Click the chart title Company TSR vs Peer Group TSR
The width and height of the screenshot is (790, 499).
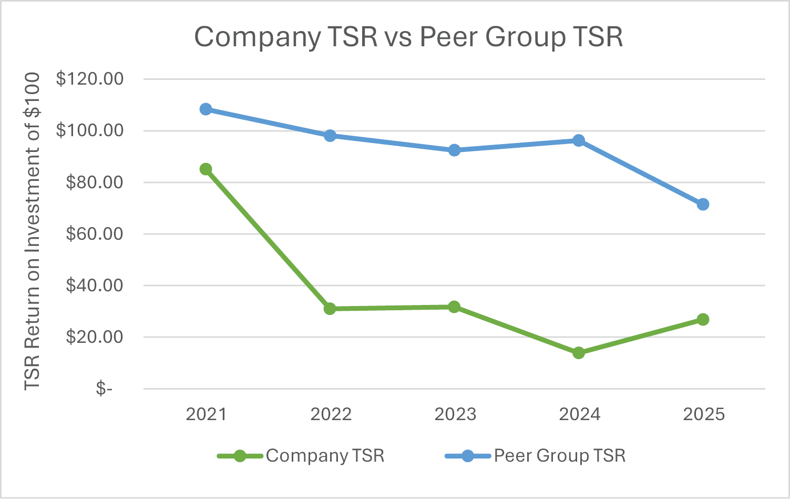408,37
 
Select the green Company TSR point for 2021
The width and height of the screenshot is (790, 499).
206,169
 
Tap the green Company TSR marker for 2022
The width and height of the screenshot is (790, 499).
330,309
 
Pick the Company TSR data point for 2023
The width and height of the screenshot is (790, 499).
455,307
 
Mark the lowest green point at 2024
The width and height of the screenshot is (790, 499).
579,353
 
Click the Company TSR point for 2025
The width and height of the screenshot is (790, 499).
703,320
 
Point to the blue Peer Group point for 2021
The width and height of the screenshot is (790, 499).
206,109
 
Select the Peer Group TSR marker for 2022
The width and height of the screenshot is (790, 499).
330,136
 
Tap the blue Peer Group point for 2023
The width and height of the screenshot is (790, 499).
455,150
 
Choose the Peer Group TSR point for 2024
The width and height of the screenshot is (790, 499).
579,140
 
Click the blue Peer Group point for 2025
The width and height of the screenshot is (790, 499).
703,205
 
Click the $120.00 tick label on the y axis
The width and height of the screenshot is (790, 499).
90,79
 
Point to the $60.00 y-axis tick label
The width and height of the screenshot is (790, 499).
95,233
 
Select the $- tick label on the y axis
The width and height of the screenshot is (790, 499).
104,389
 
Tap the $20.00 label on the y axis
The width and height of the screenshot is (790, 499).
95,337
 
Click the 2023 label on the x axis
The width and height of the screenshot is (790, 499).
455,414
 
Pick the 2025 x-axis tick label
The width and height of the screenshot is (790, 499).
703,414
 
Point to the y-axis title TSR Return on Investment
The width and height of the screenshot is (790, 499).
33,231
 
